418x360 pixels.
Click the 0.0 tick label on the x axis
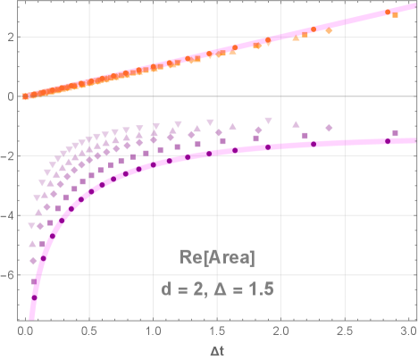coord(26,330)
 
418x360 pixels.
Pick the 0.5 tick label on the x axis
coord(89,330)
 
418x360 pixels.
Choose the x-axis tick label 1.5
coord(217,330)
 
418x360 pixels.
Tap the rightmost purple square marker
coord(395,134)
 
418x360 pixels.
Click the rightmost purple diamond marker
coord(330,129)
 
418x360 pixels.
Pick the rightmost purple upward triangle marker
coord(296,122)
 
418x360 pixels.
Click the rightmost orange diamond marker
coord(329,31)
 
